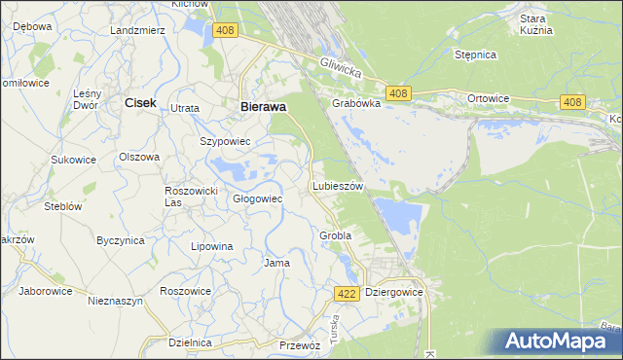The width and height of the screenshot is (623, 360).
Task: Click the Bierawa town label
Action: click(262, 108)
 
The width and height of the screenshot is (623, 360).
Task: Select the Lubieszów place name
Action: click(337, 185)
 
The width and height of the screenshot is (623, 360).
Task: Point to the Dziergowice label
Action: click(394, 291)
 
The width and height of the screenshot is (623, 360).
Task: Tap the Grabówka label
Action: click(355, 102)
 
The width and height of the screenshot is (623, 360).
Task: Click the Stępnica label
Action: click(476, 54)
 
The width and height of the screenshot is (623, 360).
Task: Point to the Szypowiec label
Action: click(226, 141)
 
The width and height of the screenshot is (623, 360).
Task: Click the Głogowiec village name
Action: click(257, 198)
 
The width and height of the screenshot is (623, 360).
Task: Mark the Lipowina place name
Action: click(212, 246)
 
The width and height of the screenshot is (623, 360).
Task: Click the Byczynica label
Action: click(121, 239)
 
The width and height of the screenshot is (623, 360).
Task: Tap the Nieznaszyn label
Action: click(115, 302)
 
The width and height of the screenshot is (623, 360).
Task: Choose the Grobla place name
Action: click(335, 235)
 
